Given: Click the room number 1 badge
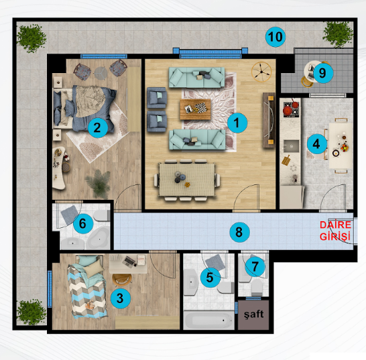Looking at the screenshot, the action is [x=237, y=123].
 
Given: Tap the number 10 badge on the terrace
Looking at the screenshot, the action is [x=276, y=37].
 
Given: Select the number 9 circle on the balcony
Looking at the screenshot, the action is [x=323, y=73].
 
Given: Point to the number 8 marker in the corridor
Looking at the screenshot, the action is [x=239, y=233].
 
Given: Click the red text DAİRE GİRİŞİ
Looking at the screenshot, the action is [x=335, y=231].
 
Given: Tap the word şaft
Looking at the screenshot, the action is [x=254, y=314].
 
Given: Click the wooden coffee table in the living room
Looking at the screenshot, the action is [x=195, y=109].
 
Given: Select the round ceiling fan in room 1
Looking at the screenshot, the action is [x=261, y=72].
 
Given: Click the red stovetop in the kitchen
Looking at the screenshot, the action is [x=292, y=109].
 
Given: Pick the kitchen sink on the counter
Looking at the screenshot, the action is [x=292, y=146].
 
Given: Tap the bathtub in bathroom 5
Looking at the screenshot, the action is [x=208, y=320].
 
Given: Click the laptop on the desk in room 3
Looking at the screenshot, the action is [x=129, y=261].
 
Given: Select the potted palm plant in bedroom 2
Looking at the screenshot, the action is [x=99, y=183].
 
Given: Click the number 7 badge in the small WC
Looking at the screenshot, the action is [x=255, y=267].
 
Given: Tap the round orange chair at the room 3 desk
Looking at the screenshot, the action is [x=122, y=280].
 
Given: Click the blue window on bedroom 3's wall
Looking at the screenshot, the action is [x=50, y=289].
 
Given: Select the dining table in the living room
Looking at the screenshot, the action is [x=187, y=179].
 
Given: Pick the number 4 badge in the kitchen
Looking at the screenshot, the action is [x=316, y=144].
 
